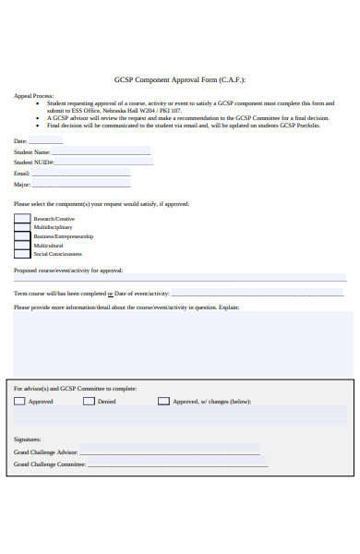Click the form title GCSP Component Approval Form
180,80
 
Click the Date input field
45,140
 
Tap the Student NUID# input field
99,163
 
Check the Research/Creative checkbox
21,219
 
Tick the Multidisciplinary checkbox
21,227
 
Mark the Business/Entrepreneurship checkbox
21,236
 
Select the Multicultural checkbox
21,245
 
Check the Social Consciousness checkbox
21,254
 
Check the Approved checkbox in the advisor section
19,402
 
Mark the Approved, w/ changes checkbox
163,402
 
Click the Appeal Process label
33,95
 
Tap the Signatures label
28,440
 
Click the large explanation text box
183,342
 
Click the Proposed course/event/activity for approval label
67,271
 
